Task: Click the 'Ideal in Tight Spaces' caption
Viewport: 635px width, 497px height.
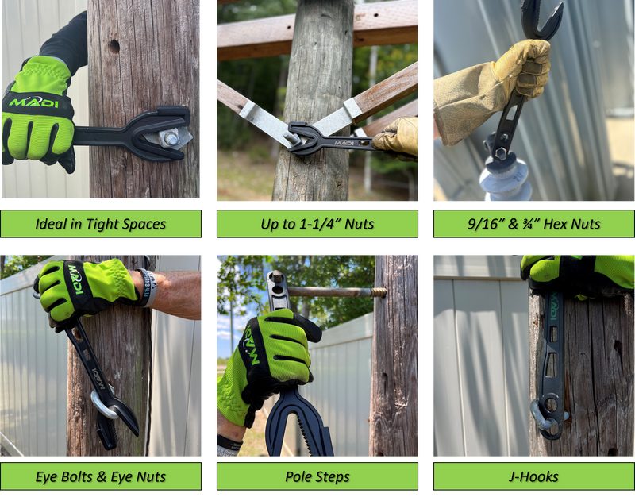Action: tap(100, 224)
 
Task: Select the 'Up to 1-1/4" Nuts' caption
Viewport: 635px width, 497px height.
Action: tap(317, 224)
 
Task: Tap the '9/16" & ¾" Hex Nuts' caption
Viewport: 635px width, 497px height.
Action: tap(533, 224)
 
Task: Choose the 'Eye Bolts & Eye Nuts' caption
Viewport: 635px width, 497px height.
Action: tap(100, 476)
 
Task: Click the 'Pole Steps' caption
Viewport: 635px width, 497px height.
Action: tap(317, 476)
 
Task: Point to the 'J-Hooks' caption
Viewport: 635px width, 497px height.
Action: tap(533, 476)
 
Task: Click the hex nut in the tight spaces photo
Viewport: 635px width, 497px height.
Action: tap(171, 137)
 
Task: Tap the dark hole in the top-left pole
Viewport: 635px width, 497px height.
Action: tap(114, 47)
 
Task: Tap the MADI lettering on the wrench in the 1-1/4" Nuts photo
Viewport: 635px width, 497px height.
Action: tap(344, 143)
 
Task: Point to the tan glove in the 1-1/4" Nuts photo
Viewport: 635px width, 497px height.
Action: tap(398, 136)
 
